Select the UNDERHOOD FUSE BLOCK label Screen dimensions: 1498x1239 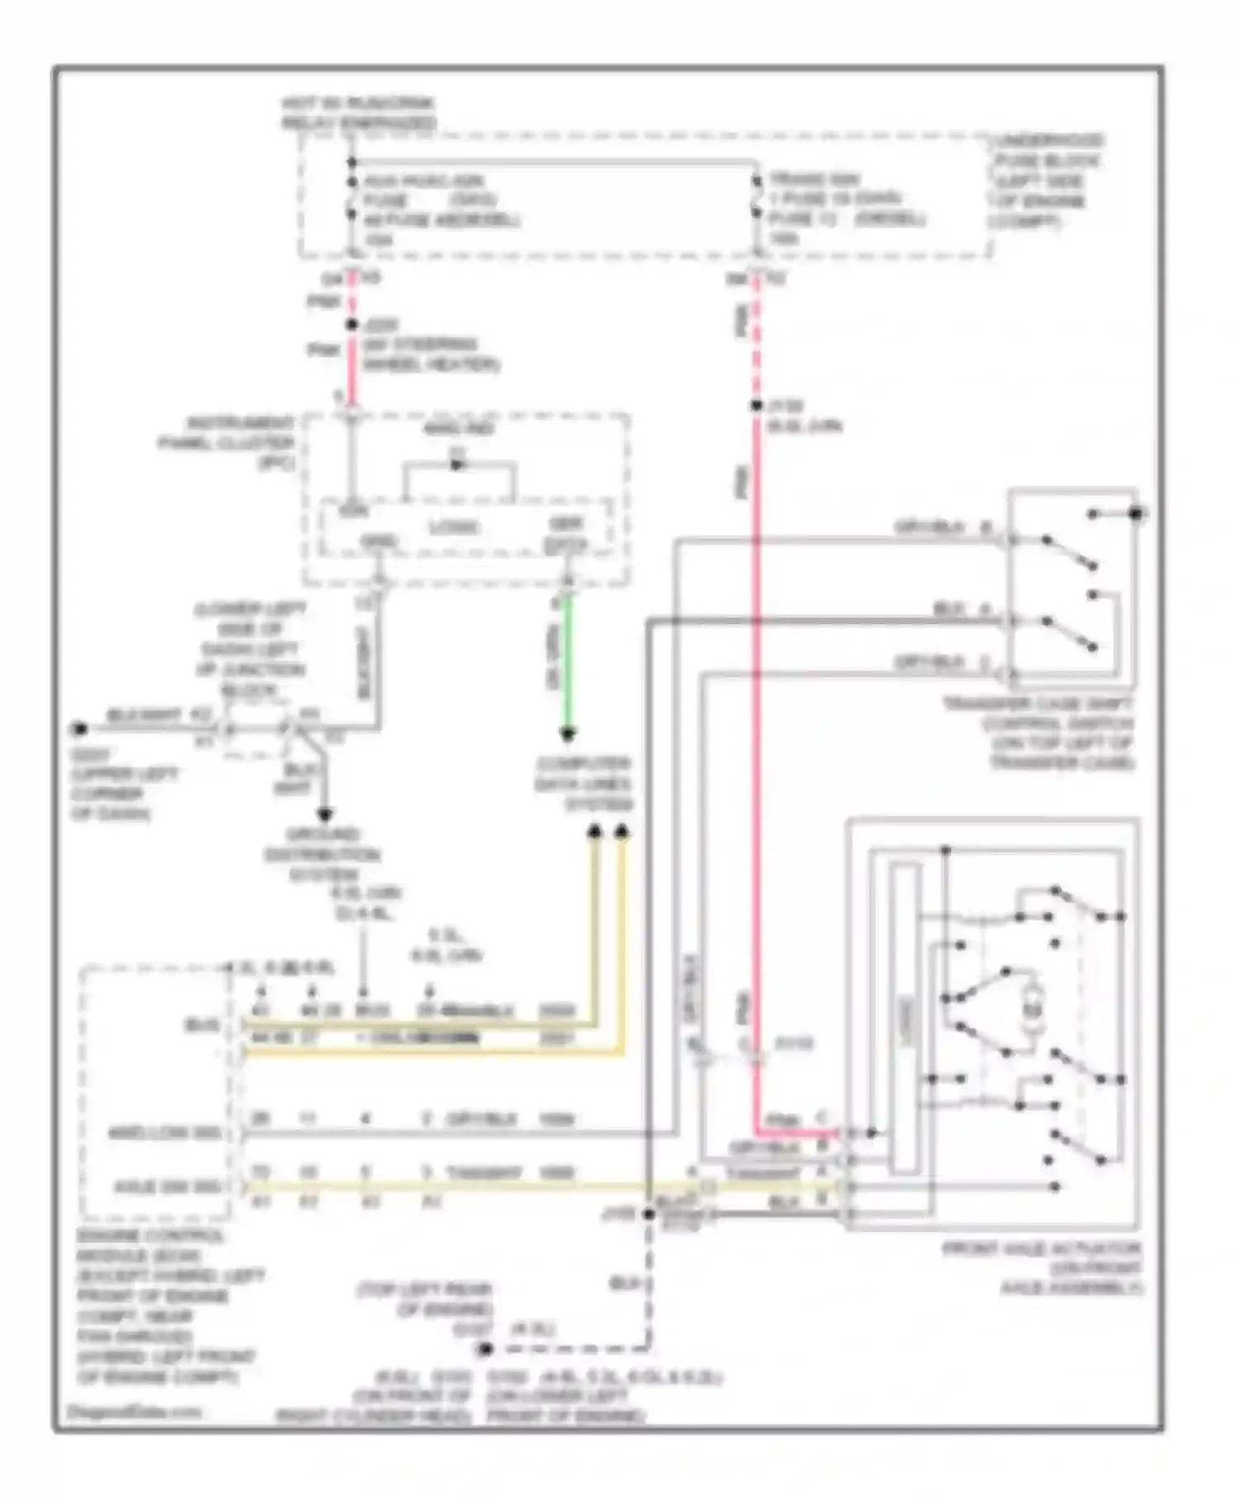[1047, 181]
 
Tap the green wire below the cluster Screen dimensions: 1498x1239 [567, 661]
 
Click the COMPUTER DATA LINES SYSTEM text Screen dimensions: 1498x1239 [583, 784]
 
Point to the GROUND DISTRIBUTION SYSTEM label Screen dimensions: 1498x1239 [322, 854]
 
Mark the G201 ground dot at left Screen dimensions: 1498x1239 [79, 729]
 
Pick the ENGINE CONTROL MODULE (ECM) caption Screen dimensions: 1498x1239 [157, 1305]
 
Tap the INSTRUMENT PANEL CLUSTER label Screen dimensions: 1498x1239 [228, 443]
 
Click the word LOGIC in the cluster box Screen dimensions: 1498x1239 [453, 528]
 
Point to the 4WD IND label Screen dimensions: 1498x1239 [459, 429]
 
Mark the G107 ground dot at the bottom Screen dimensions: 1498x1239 [486, 1349]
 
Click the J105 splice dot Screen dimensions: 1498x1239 [649, 1214]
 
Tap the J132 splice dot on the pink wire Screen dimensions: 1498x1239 [756, 406]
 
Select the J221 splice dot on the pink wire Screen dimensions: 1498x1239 [352, 325]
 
